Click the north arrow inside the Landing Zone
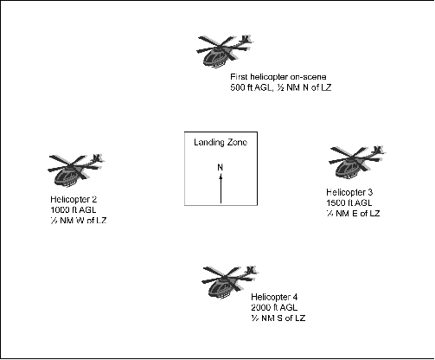(x=221, y=186)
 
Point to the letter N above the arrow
(x=221, y=166)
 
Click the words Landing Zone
(x=221, y=143)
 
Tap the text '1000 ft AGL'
(x=72, y=209)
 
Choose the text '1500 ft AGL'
(x=336, y=201)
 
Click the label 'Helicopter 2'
(x=74, y=200)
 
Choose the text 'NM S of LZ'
(x=277, y=318)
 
